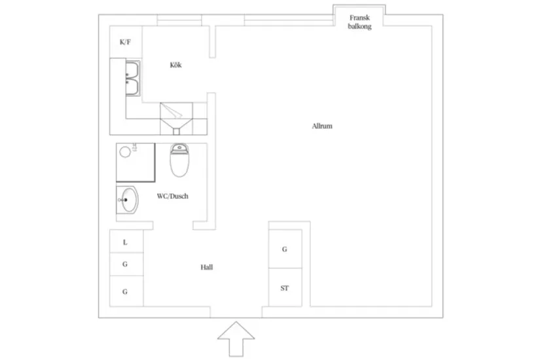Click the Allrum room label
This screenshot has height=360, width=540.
pyautogui.click(x=322, y=126)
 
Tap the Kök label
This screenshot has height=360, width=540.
pyautogui.click(x=175, y=65)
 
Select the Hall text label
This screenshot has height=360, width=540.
pyautogui.click(x=207, y=267)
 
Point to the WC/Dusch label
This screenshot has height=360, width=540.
pyautogui.click(x=173, y=196)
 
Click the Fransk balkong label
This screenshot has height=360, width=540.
pyautogui.click(x=359, y=22)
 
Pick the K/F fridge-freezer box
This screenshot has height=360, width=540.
pyautogui.click(x=126, y=42)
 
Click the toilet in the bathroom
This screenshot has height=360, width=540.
pyautogui.click(x=179, y=160)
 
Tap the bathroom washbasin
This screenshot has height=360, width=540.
pyautogui.click(x=128, y=200)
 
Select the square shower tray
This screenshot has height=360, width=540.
pyautogui.click(x=135, y=162)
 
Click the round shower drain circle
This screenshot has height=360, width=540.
pyautogui.click(x=125, y=152)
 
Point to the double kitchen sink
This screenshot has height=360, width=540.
pyautogui.click(x=133, y=78)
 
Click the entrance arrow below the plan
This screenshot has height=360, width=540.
pyautogui.click(x=236, y=339)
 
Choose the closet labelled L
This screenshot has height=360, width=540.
pyautogui.click(x=126, y=241)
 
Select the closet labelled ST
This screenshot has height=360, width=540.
pyautogui.click(x=285, y=287)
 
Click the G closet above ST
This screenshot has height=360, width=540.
pyautogui.click(x=285, y=249)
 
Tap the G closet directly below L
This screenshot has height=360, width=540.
pyautogui.click(x=126, y=264)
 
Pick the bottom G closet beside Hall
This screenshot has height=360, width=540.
pyautogui.click(x=126, y=291)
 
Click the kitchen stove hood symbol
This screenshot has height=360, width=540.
pyautogui.click(x=176, y=119)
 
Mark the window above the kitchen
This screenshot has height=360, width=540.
pyautogui.click(x=179, y=20)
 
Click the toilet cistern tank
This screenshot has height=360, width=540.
pyautogui.click(x=179, y=149)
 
